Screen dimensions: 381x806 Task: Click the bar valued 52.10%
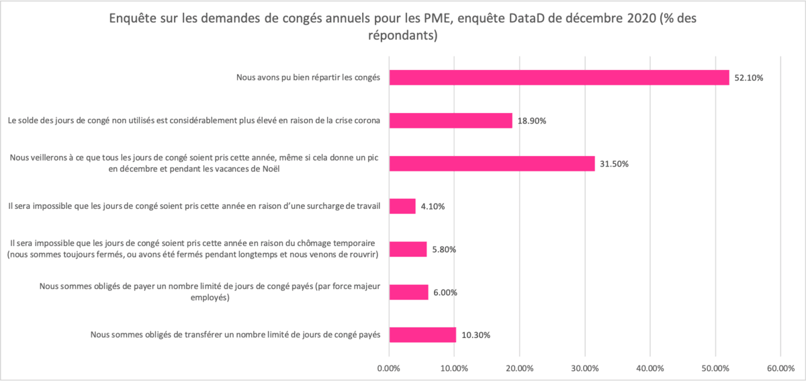click(x=559, y=78)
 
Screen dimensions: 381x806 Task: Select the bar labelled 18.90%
click(x=451, y=121)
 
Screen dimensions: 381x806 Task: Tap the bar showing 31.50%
click(x=492, y=164)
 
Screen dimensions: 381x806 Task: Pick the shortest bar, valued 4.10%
click(x=402, y=206)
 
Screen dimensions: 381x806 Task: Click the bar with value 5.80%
click(x=408, y=249)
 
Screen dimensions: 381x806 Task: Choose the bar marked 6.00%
click(x=408, y=292)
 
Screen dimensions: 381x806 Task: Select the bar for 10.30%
click(x=422, y=335)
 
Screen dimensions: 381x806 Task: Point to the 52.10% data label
click(x=749, y=78)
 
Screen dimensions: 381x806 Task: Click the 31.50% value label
click(x=615, y=164)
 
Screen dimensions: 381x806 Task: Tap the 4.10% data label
click(x=433, y=206)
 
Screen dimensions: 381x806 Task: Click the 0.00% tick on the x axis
click(x=389, y=368)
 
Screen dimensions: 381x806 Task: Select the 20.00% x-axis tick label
click(x=519, y=368)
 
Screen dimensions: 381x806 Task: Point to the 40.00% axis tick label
click(x=650, y=368)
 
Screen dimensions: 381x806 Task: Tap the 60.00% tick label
click(x=780, y=368)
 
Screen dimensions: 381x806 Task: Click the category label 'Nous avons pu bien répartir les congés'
click(x=309, y=78)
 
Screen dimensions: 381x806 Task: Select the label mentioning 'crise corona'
click(x=195, y=121)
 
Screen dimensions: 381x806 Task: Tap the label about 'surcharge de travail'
click(x=194, y=206)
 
